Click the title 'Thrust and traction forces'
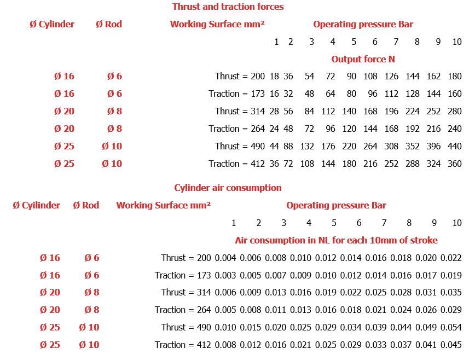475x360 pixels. pos(228,7)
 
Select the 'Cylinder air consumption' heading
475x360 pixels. pos(228,188)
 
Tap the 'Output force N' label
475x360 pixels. pos(363,59)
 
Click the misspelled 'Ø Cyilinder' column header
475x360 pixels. pos(36,205)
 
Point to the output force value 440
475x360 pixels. pos(454,146)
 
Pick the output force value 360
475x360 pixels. pos(454,164)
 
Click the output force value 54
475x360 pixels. pos(310,76)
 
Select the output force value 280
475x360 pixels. pos(454,111)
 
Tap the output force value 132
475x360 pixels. pos(308,146)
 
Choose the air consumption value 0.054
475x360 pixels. pos(451,327)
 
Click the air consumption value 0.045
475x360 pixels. pos(451,345)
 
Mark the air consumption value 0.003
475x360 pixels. pos(225,275)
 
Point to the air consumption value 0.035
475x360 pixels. pos(451,292)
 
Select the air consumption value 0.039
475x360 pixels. pos(376,327)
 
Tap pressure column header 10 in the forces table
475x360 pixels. pos(457,42)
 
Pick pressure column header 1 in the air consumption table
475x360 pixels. pos(234,223)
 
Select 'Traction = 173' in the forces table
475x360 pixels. pos(236,94)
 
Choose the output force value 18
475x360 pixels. pos(274,76)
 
